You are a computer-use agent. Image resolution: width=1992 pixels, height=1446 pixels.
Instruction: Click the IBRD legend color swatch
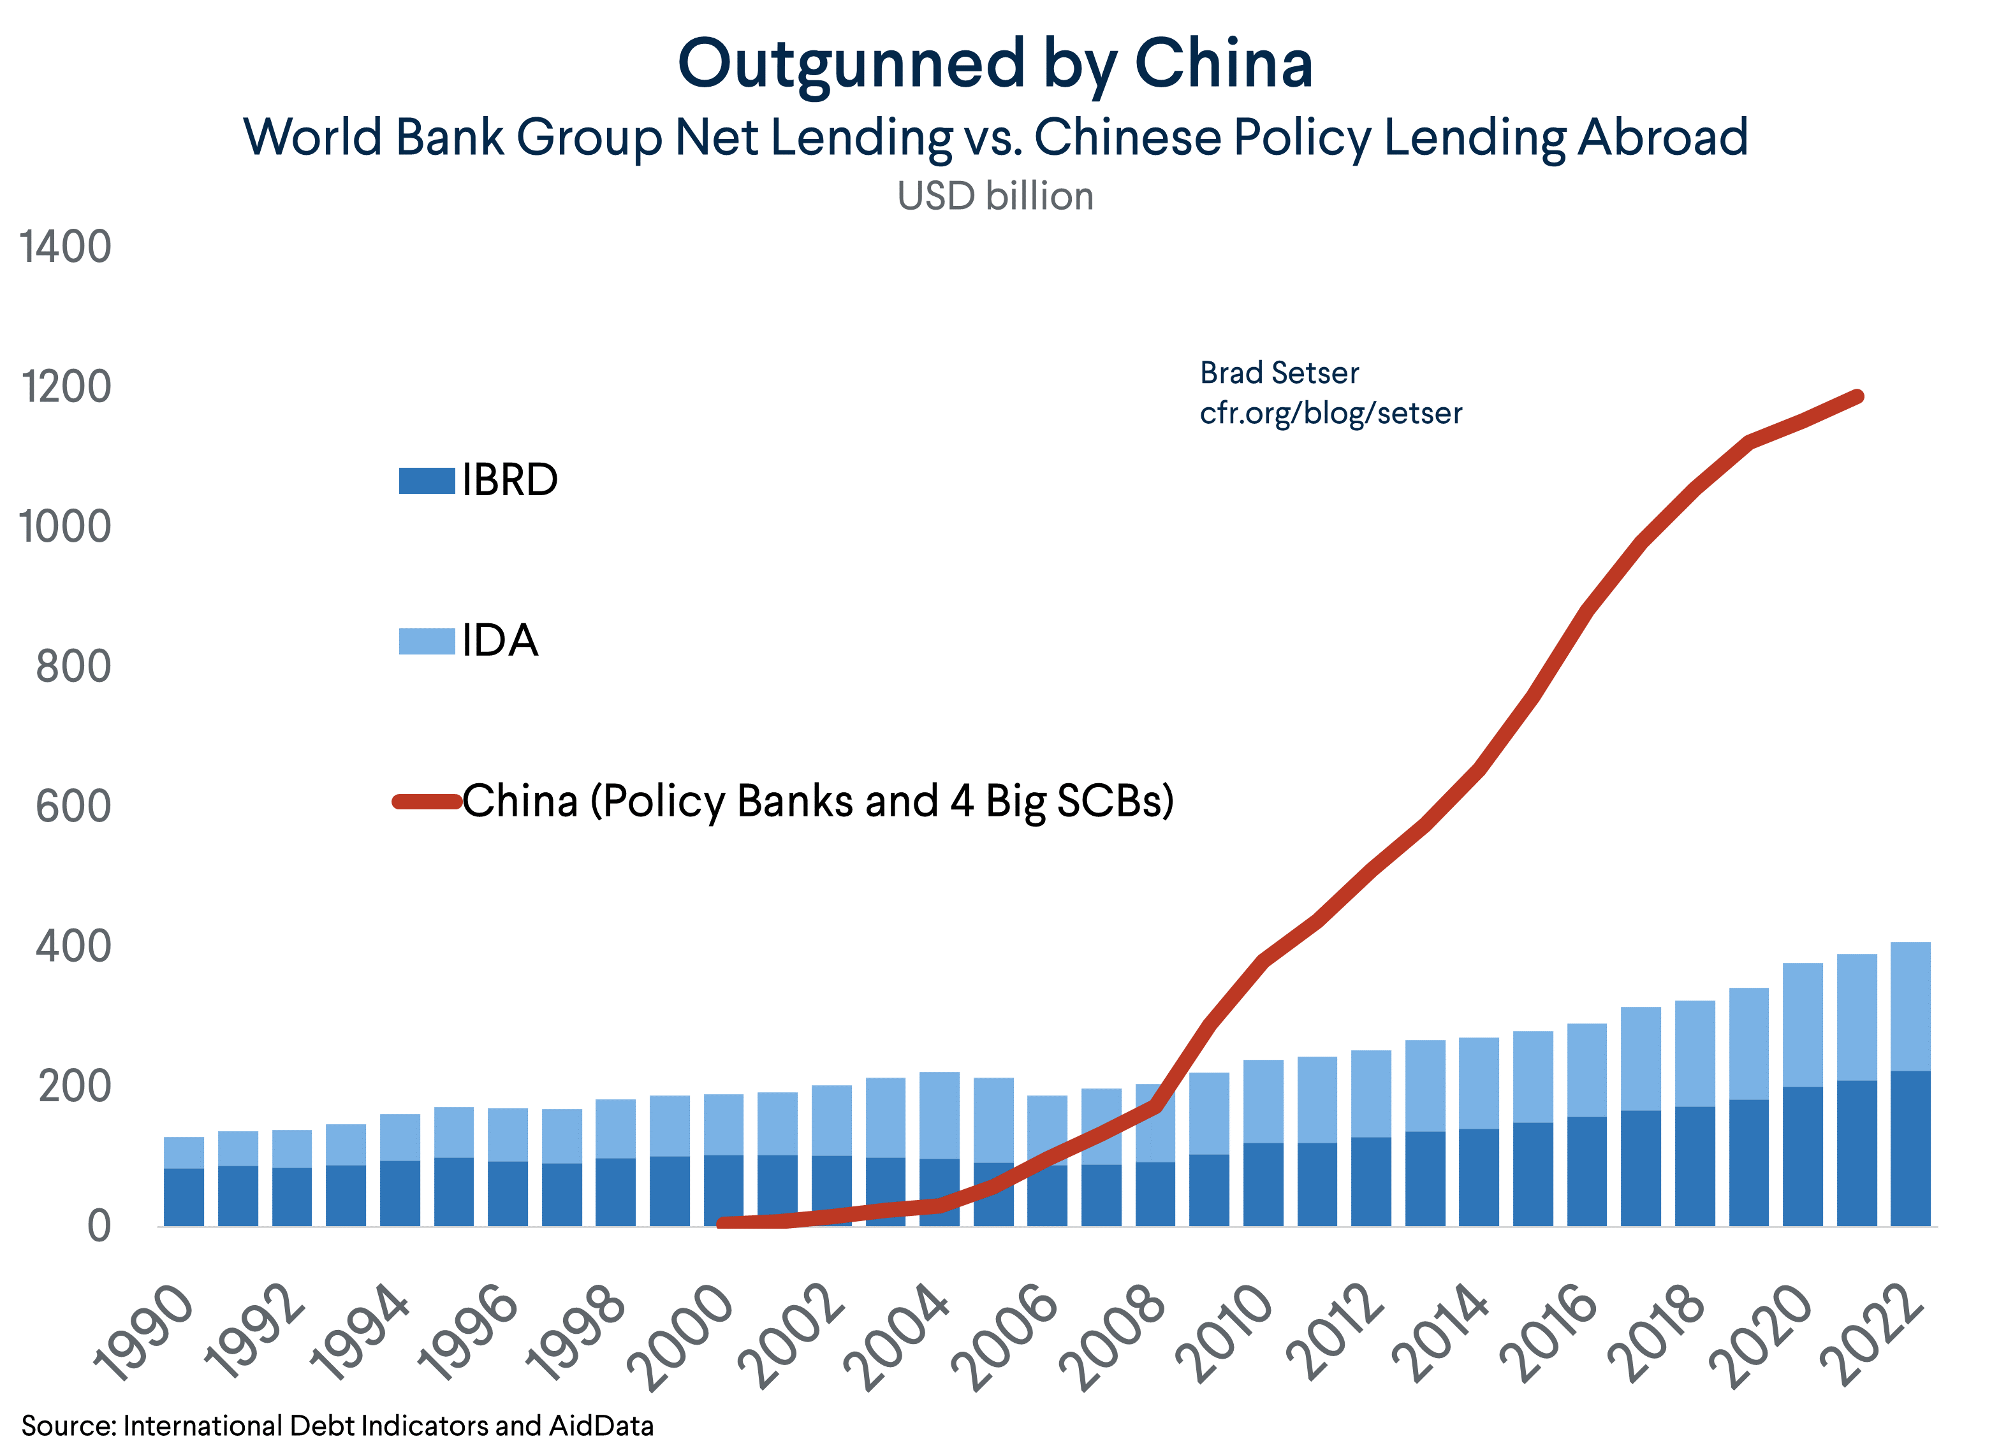pos(427,481)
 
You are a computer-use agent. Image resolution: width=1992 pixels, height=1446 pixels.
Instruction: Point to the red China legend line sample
pos(427,800)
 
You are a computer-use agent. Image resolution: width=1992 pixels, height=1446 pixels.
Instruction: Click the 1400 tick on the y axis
pos(65,247)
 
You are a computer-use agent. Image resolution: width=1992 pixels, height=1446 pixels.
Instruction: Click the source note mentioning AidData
pos(337,1425)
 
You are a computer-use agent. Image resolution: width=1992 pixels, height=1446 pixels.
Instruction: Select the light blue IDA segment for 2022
pos(1910,1006)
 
